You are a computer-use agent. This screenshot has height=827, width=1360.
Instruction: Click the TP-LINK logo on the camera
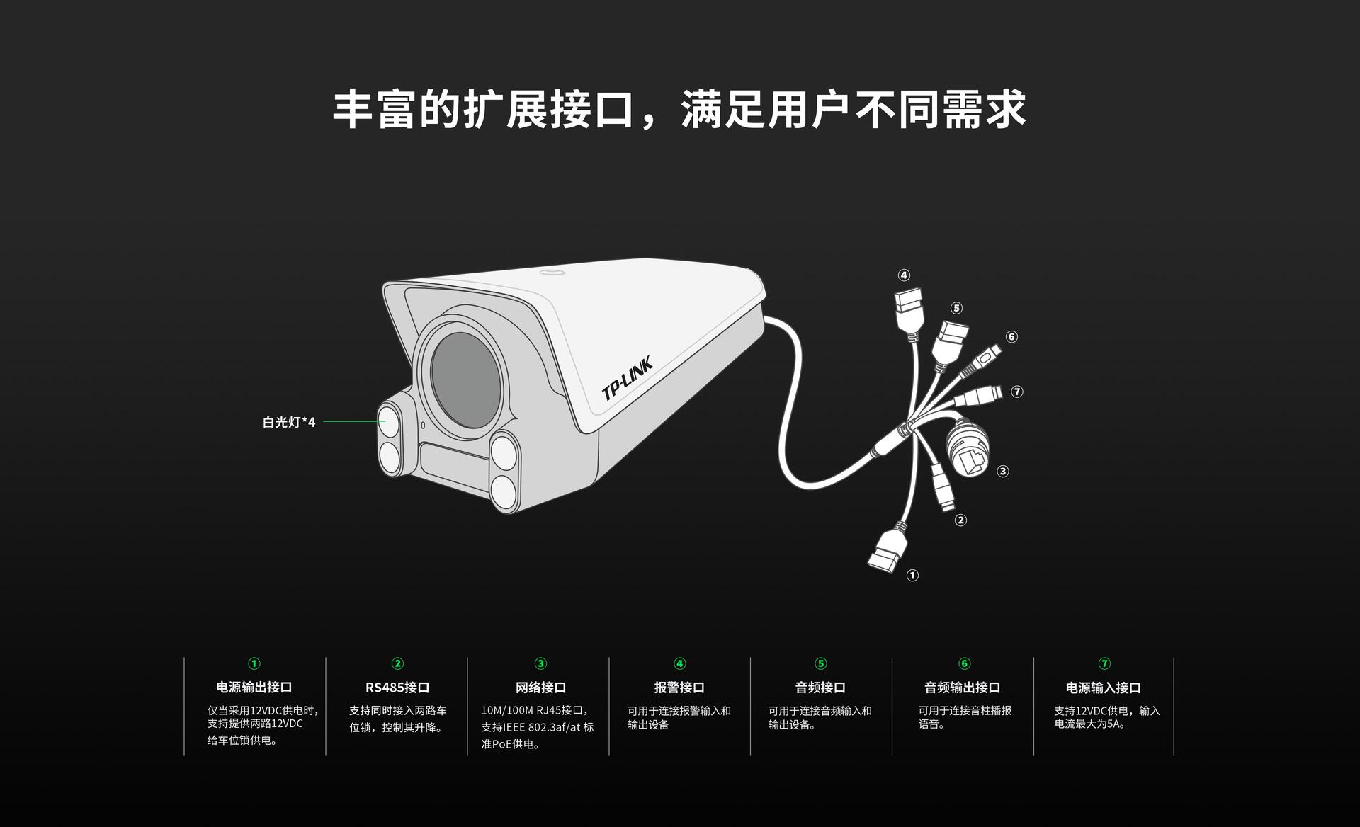click(x=626, y=378)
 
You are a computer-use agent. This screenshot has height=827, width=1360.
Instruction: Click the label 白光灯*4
click(x=289, y=423)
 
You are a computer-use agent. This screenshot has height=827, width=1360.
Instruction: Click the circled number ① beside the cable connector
click(x=912, y=576)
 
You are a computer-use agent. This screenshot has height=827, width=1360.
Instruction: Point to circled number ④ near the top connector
click(x=904, y=275)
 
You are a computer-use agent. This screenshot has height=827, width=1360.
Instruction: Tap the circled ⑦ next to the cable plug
click(x=1017, y=392)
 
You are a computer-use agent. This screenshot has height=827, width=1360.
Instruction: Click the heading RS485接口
click(x=397, y=688)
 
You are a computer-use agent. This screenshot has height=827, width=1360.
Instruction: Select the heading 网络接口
click(x=540, y=688)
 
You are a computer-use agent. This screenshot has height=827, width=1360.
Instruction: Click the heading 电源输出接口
click(x=254, y=688)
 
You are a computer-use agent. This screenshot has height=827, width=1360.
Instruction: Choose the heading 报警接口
click(x=679, y=688)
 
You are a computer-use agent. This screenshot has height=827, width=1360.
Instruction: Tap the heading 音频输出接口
click(x=963, y=688)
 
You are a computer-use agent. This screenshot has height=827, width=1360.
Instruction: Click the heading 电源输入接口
click(x=1104, y=688)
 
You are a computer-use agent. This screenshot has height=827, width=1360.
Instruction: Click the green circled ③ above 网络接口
click(x=540, y=663)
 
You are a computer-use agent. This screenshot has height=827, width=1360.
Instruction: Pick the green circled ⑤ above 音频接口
click(x=821, y=663)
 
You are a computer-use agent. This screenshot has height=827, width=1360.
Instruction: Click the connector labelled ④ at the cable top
click(x=909, y=309)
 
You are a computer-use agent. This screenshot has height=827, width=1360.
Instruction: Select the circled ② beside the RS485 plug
click(x=960, y=520)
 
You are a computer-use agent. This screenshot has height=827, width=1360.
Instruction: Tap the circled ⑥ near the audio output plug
click(x=1011, y=337)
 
